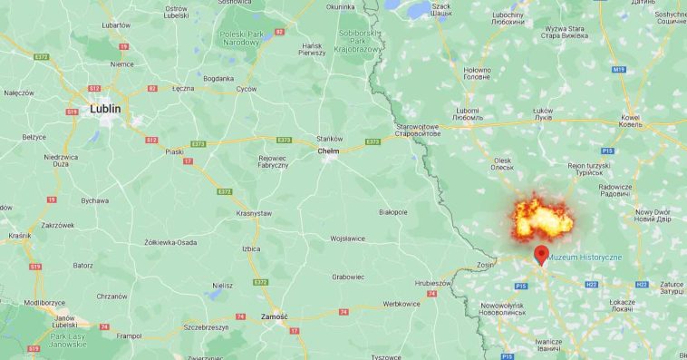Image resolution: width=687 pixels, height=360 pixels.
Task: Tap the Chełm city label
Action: (x=328, y=151)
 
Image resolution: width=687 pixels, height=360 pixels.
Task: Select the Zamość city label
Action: (x=273, y=316)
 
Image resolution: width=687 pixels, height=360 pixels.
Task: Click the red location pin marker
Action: (x=541, y=254)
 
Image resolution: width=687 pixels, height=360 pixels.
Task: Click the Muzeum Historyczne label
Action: (x=585, y=258)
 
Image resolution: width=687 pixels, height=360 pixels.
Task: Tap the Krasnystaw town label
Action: (x=254, y=212)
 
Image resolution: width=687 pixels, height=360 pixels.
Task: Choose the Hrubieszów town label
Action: (x=433, y=283)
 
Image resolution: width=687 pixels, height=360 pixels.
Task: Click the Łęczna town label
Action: (x=183, y=88)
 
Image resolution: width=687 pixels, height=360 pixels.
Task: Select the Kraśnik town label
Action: (x=19, y=235)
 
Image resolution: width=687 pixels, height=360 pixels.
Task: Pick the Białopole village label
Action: (x=393, y=211)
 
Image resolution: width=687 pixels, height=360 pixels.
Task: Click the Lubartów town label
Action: (x=116, y=25)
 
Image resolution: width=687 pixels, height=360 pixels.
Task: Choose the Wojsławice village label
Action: (x=347, y=238)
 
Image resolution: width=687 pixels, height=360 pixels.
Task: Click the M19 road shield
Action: (x=619, y=69)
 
